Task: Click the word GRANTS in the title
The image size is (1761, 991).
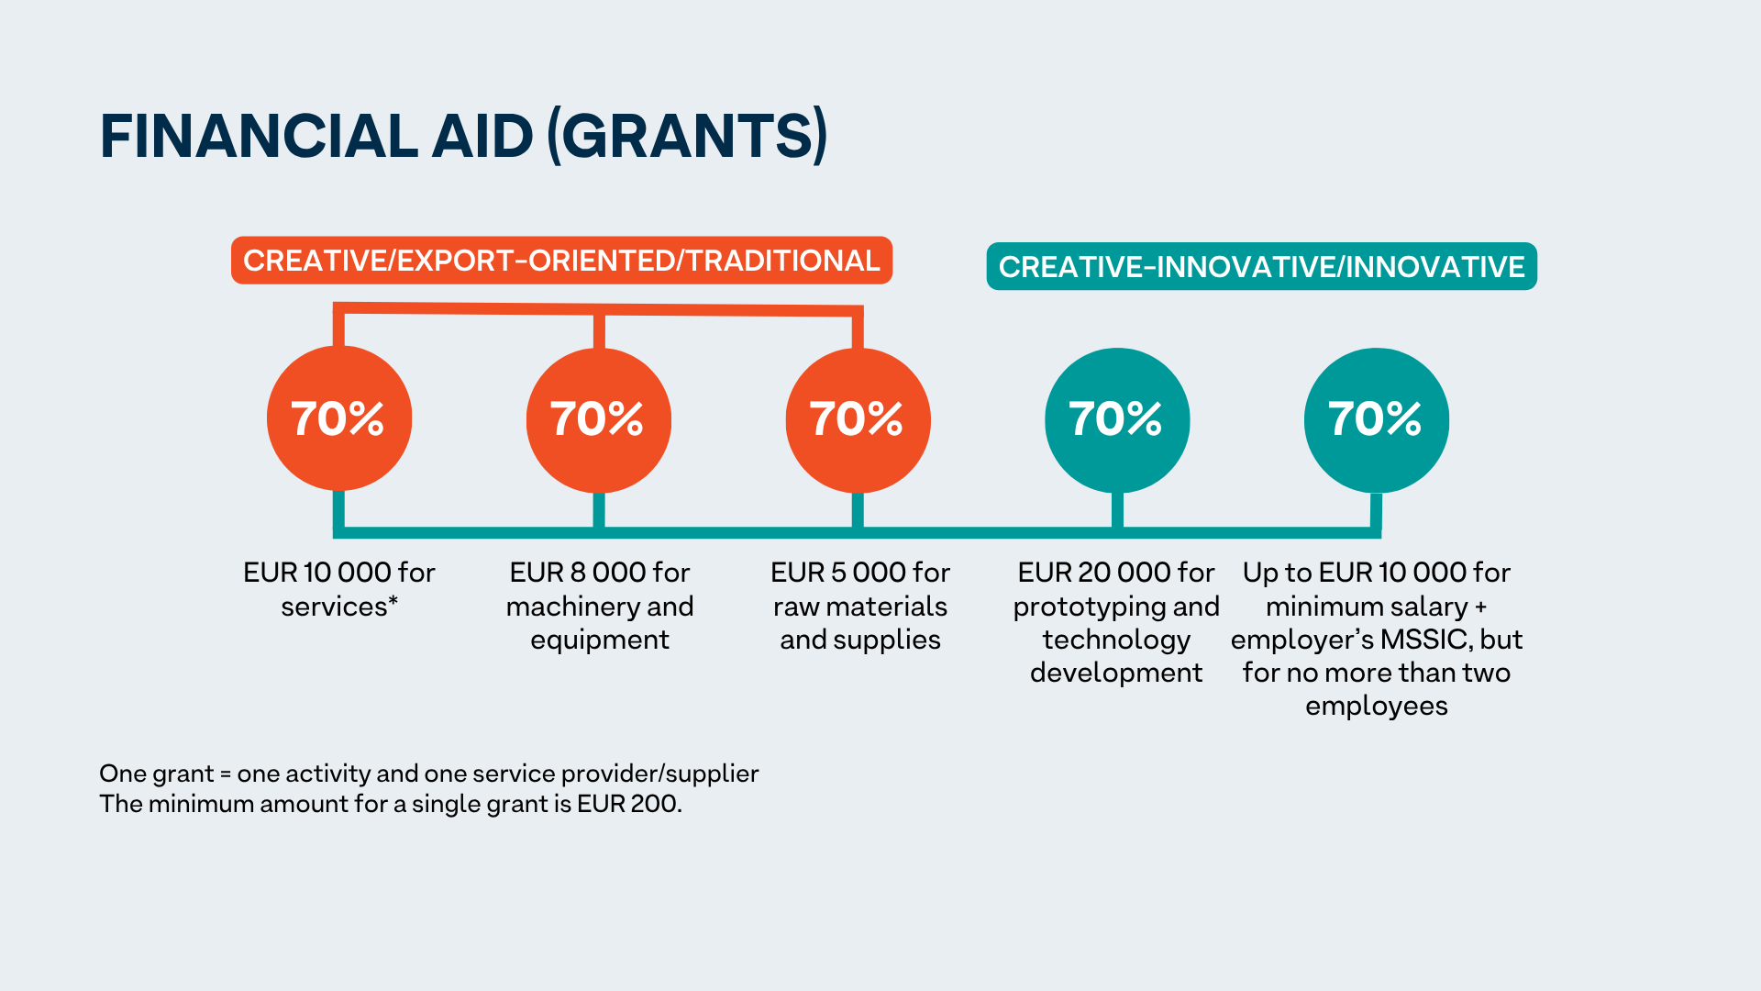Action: [x=688, y=136]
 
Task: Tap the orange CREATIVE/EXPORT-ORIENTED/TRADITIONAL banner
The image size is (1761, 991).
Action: [x=561, y=261]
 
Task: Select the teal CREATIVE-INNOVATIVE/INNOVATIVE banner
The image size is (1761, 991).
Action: [x=1261, y=267]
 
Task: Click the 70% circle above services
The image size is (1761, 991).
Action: [x=338, y=418]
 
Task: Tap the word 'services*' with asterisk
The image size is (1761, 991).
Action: [x=339, y=607]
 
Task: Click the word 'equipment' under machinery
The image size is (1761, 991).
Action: [x=600, y=640]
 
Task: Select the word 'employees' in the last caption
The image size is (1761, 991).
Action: [x=1376, y=707]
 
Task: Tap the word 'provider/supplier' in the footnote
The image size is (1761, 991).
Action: [x=659, y=774]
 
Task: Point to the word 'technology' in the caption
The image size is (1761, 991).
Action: [x=1116, y=640]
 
